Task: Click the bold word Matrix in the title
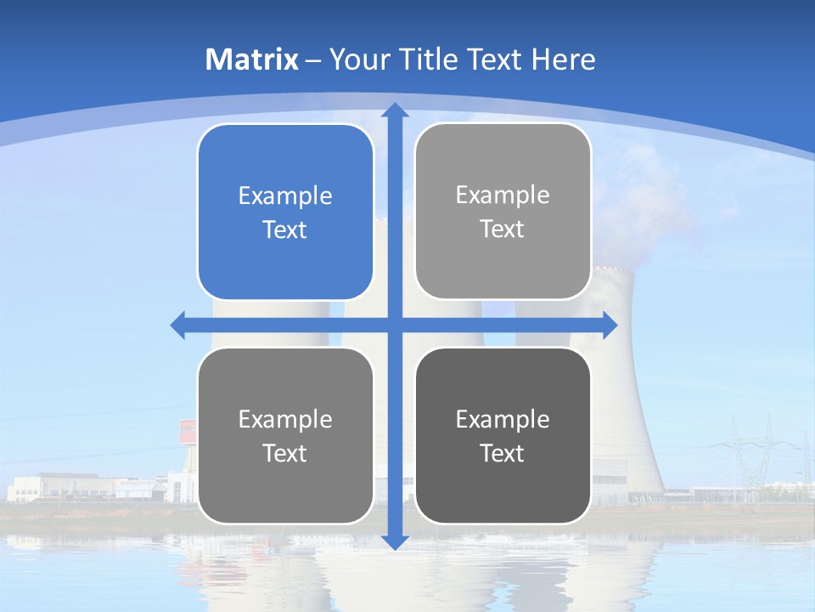(252, 59)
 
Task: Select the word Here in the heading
(563, 59)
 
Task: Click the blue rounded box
(285, 212)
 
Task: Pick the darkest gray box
(503, 435)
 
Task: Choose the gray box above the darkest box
(503, 211)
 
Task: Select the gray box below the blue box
(285, 435)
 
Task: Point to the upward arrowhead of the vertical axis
(394, 110)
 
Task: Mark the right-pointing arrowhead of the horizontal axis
(609, 325)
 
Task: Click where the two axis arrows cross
(394, 325)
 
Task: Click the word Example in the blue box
(285, 195)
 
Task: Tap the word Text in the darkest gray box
(503, 453)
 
